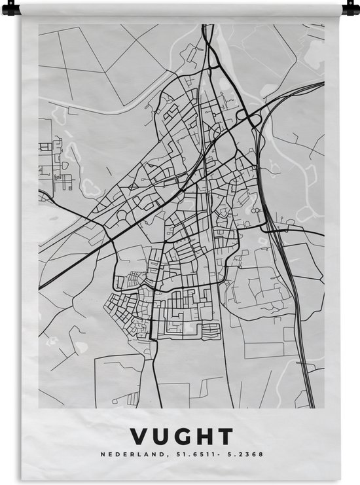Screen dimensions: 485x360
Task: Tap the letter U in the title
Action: [x=160, y=437]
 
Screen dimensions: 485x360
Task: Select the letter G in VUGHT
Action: [x=182, y=437]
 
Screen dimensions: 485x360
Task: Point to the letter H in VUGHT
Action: [x=204, y=437]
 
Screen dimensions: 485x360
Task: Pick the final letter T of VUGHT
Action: [x=225, y=437]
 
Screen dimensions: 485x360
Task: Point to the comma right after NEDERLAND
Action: [x=154, y=456]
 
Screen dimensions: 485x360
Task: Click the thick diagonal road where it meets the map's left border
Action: [x=41, y=287]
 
